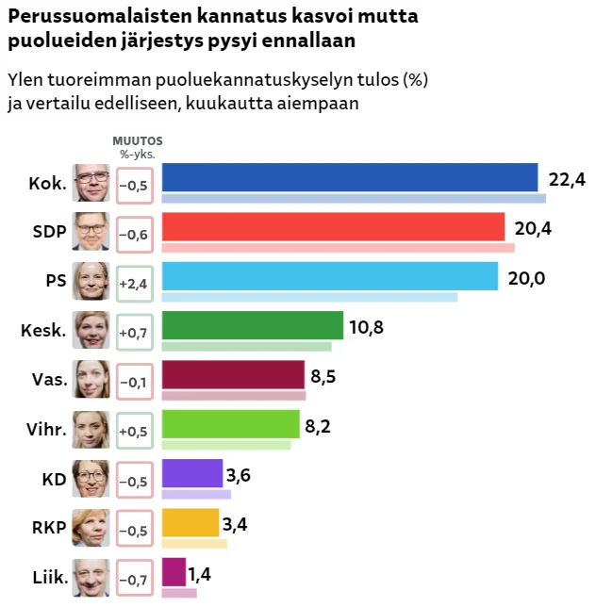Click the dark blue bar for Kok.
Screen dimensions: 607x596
point(350,178)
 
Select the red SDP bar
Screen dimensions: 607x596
point(334,227)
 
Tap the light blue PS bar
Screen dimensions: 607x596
point(330,276)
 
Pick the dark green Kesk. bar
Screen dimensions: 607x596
point(253,325)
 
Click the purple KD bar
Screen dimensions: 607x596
point(192,473)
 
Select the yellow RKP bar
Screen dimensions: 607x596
point(190,522)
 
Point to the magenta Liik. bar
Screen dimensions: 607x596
point(174,571)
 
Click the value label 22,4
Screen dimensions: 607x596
point(567,179)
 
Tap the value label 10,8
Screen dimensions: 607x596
point(366,327)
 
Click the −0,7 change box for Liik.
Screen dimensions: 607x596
point(134,579)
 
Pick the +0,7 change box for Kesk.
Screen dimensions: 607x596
point(134,333)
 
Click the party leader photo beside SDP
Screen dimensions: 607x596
point(92,232)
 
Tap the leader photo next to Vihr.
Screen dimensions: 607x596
point(92,429)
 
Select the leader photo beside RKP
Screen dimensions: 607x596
point(92,527)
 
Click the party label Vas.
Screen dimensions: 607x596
point(48,381)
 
